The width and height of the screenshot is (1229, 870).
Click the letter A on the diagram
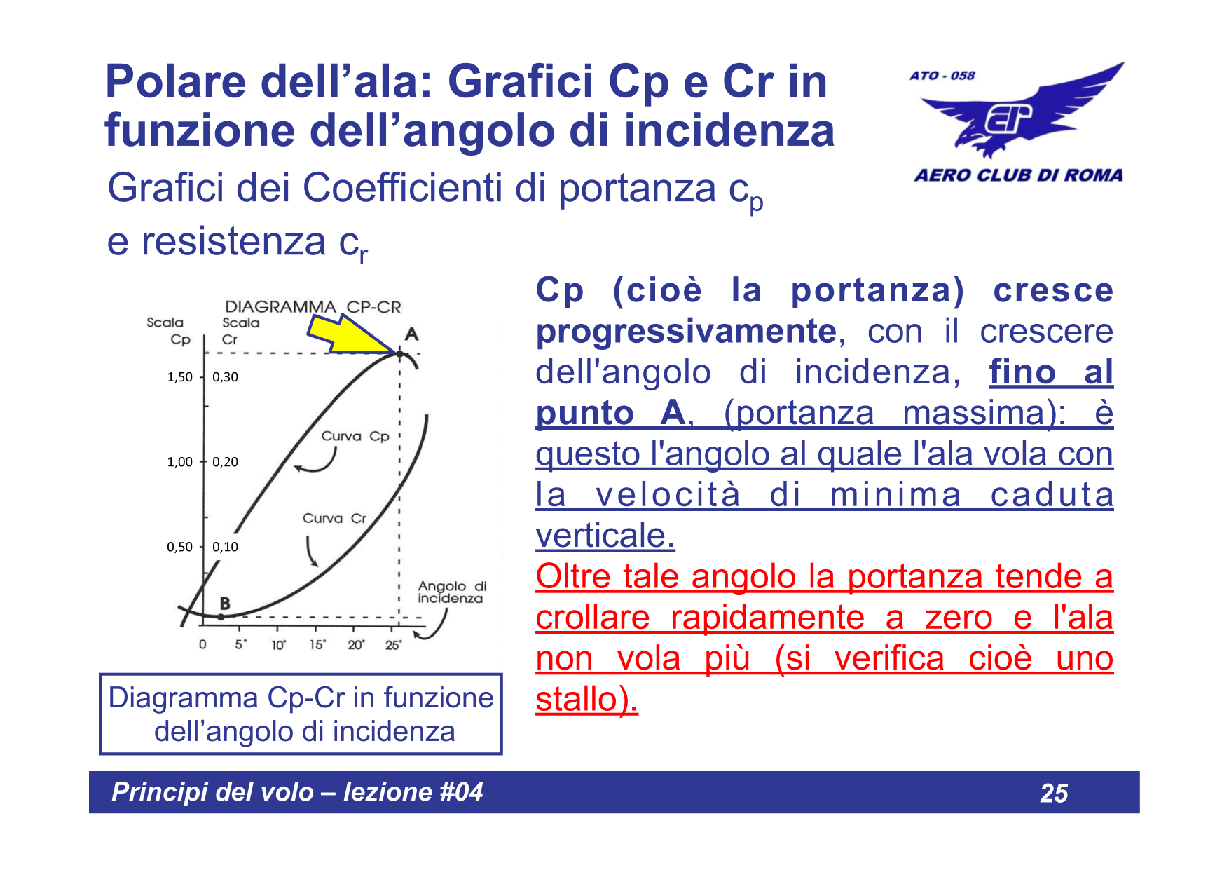411,334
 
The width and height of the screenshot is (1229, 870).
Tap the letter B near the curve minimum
225,603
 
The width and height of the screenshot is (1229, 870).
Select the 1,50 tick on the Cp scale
179,377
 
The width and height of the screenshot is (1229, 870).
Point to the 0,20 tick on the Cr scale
225,462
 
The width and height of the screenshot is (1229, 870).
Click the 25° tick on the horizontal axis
393,645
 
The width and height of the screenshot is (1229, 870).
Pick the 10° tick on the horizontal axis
278,645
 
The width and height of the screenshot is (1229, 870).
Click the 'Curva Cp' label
355,436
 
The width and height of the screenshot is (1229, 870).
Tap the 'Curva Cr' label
334,518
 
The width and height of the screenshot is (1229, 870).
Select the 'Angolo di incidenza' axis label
451,592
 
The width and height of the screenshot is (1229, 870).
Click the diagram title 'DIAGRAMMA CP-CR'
313,307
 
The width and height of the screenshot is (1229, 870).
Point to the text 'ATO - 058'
942,75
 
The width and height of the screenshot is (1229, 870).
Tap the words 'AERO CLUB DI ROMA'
1018,175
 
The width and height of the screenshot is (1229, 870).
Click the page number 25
1054,793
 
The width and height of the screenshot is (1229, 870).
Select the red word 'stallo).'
586,699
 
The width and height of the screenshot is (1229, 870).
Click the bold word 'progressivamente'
686,331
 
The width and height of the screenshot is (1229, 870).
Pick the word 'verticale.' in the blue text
605,536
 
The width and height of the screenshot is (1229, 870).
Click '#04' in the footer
461,792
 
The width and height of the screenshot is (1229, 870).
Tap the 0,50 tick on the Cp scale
179,547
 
